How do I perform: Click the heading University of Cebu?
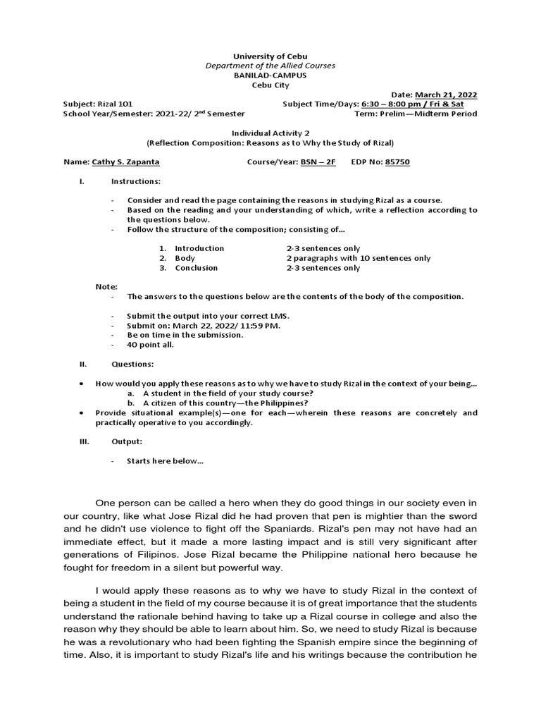[x=270, y=56]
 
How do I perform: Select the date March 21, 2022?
[x=446, y=94]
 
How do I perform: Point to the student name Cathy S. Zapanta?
[x=125, y=161]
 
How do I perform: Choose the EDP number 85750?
[x=397, y=161]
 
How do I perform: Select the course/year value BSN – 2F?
[x=318, y=161]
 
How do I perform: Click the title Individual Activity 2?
[x=270, y=133]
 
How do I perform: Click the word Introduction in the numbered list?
[x=199, y=248]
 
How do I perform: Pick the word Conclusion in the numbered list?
[x=197, y=268]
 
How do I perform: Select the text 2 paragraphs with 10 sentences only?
[x=358, y=258]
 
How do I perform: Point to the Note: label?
[x=106, y=287]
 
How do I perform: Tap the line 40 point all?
[x=150, y=345]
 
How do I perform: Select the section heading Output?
[x=127, y=441]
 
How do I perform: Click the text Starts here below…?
[x=165, y=461]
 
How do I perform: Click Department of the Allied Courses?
[x=270, y=65]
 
